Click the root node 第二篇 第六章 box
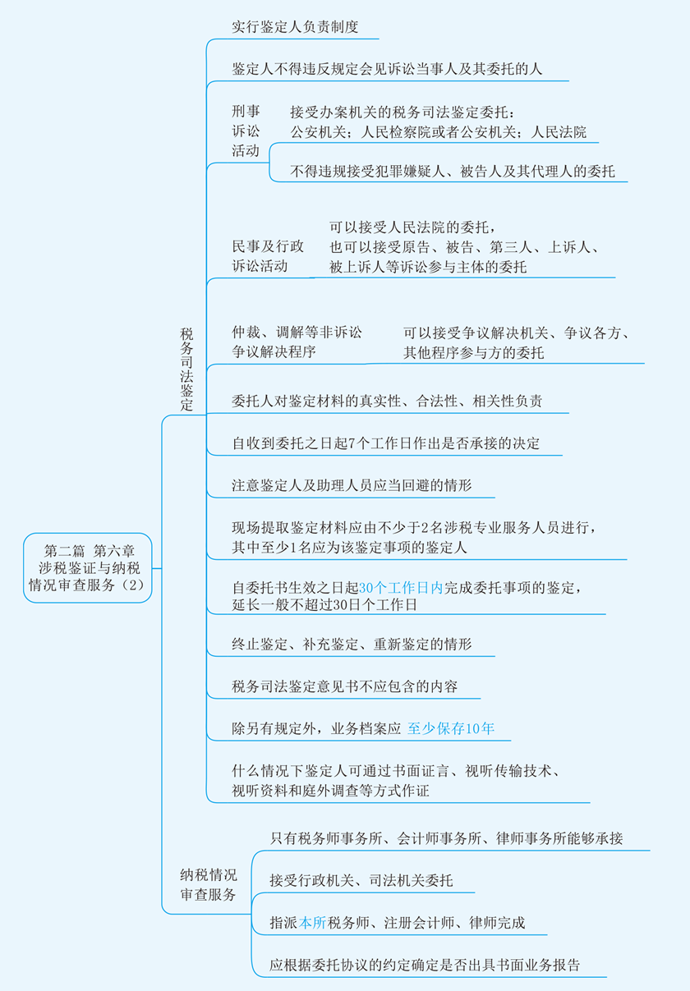[88, 567]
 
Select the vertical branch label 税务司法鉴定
[186, 369]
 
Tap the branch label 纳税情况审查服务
[209, 884]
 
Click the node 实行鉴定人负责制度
[295, 27]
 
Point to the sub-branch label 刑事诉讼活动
[246, 131]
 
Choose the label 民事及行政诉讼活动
[268, 255]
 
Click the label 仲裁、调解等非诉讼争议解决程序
[297, 342]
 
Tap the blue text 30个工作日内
[401, 588]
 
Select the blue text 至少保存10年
[451, 728]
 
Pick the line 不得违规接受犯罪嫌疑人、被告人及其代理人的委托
[453, 172]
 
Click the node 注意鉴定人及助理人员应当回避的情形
[352, 485]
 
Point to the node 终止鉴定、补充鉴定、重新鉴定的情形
[352, 644]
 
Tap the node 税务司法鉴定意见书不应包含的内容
[344, 686]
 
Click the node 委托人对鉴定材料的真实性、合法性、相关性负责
[387, 401]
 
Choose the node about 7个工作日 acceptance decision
[386, 443]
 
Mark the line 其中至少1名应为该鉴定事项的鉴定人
[349, 548]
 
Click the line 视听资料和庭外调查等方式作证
[330, 791]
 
